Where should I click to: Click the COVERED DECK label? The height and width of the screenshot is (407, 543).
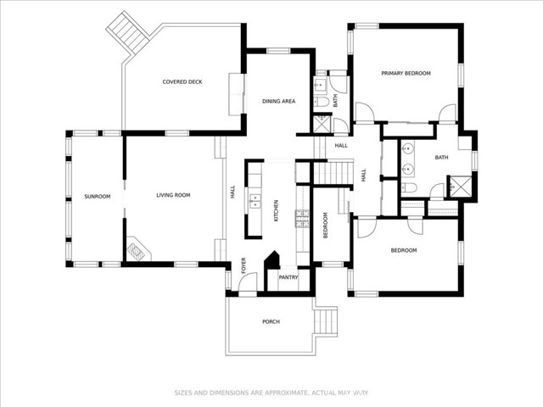pyautogui.click(x=182, y=82)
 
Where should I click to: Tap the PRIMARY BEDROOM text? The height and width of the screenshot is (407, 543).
pyautogui.click(x=406, y=74)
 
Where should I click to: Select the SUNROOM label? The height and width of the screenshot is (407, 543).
pyautogui.click(x=98, y=197)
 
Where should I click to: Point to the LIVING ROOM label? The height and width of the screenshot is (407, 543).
pyautogui.click(x=173, y=195)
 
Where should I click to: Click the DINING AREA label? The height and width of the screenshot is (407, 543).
pyautogui.click(x=279, y=102)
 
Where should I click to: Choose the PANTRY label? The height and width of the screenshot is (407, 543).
pyautogui.click(x=288, y=277)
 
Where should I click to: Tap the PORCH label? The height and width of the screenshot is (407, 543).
pyautogui.click(x=271, y=322)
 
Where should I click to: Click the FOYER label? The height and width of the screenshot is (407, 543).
pyautogui.click(x=244, y=265)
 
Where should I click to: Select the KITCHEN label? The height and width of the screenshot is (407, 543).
pyautogui.click(x=276, y=211)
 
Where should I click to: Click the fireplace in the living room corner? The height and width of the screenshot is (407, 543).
pyautogui.click(x=137, y=249)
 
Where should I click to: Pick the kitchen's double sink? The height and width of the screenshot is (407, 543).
pyautogui.click(x=255, y=202)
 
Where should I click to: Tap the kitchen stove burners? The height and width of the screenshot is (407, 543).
pyautogui.click(x=302, y=219)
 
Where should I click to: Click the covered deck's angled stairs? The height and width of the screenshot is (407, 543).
pyautogui.click(x=127, y=32)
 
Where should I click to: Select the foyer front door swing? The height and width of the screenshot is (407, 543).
pyautogui.click(x=248, y=282)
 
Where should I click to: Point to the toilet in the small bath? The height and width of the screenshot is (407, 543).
pyautogui.click(x=322, y=102)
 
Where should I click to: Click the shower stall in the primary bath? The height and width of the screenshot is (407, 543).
pyautogui.click(x=461, y=187)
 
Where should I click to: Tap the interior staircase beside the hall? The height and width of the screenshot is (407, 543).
pyautogui.click(x=333, y=173)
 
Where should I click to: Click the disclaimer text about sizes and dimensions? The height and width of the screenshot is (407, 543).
pyautogui.click(x=271, y=393)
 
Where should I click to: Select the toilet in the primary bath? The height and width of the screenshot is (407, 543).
pyautogui.click(x=409, y=188)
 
